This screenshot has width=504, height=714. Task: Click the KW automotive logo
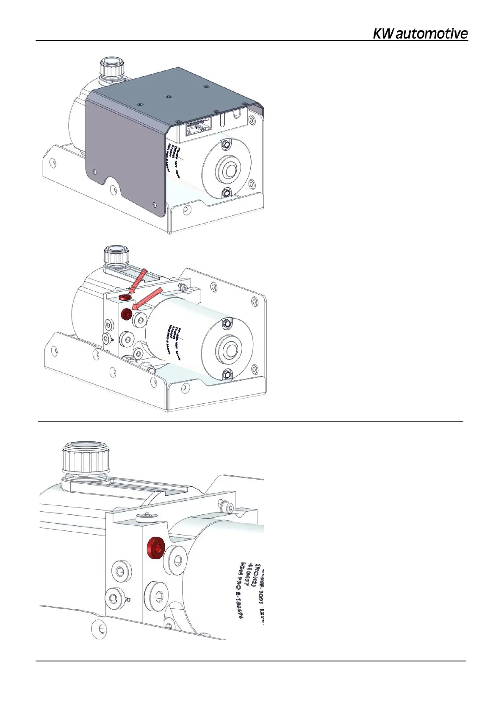pyautogui.click(x=420, y=34)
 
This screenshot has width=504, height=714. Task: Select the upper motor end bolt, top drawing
pyautogui.click(x=226, y=145)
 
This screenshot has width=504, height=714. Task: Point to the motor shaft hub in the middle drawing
pyautogui.click(x=230, y=350)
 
